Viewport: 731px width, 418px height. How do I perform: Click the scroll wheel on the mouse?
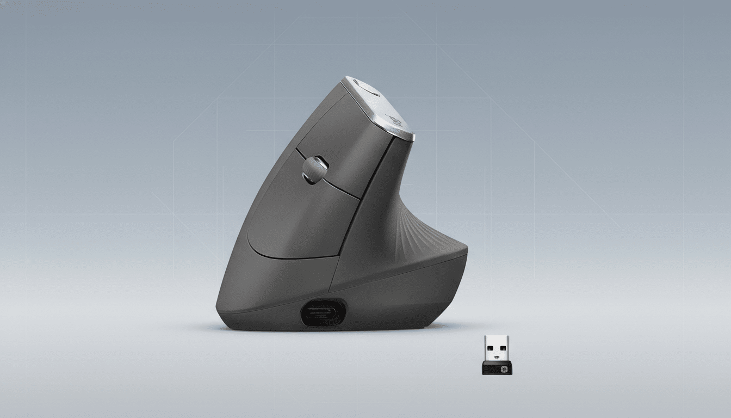[x=315, y=169]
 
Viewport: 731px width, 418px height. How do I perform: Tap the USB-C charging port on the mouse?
[x=323, y=314]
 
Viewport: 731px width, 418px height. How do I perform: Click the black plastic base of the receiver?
[x=496, y=368]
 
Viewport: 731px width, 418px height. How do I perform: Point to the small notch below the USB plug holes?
[x=496, y=358]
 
